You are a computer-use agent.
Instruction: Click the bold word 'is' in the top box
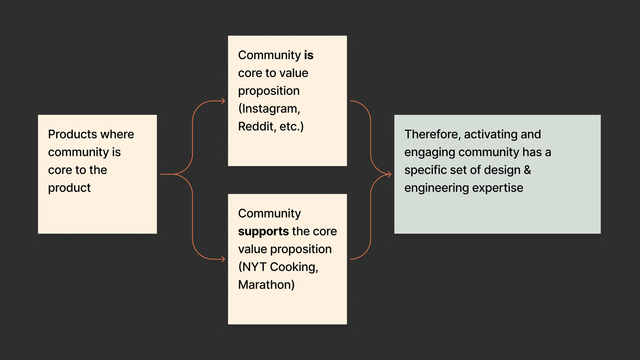coord(309,55)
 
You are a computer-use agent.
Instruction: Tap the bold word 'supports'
coord(263,231)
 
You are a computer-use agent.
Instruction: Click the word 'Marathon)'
coord(266,285)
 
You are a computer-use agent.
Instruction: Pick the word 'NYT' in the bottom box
coord(254,267)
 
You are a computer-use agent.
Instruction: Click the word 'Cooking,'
coord(294,267)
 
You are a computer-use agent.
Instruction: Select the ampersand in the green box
coord(527,170)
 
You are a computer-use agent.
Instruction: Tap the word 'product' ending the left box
coord(69,188)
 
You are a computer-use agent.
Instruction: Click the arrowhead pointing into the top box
coord(223,101)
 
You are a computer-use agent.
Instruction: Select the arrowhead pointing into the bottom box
coord(223,259)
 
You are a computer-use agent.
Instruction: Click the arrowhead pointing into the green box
coord(389,174)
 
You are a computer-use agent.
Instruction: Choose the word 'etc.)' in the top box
coord(291,126)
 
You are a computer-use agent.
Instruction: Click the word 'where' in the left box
coord(117,134)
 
